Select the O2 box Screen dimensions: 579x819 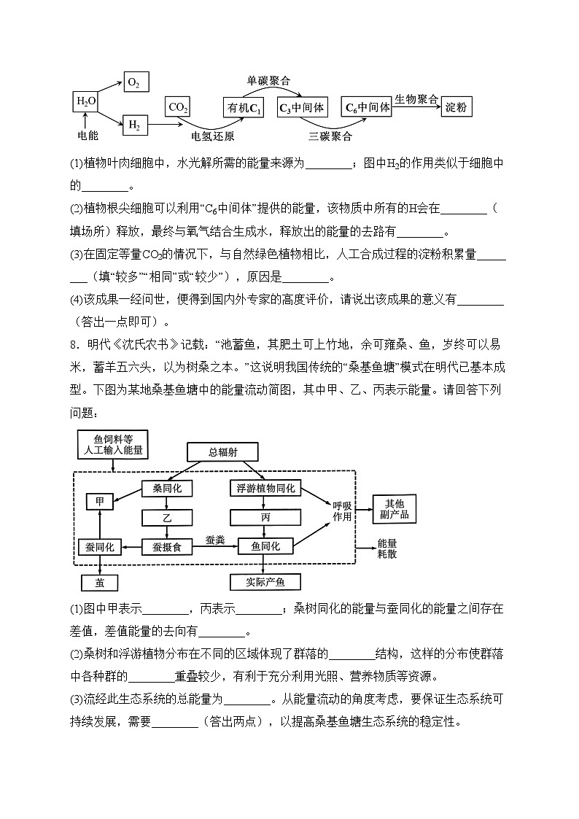(135, 82)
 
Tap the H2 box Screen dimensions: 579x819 (135, 125)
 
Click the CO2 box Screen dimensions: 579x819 (178, 108)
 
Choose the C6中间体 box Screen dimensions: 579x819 (367, 107)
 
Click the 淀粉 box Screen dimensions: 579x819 (456, 108)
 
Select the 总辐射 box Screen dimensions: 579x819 (222, 452)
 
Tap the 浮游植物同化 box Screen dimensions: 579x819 (266, 488)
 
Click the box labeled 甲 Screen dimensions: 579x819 (99, 502)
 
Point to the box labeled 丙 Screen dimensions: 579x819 (265, 517)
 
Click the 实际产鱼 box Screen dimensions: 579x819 (265, 582)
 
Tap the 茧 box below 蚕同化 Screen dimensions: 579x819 (99, 582)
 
